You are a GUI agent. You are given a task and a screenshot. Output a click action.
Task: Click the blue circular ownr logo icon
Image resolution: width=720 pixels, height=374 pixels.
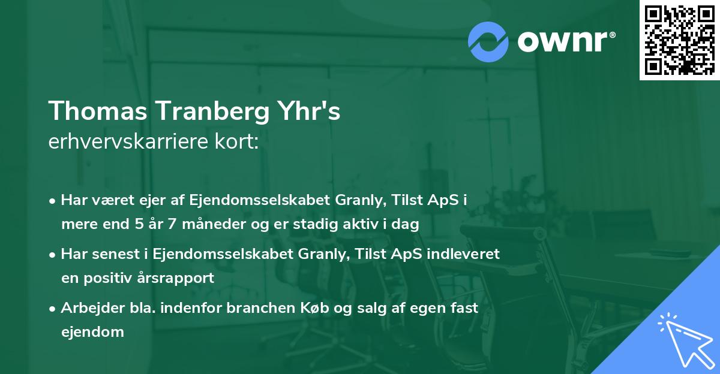click(x=488, y=42)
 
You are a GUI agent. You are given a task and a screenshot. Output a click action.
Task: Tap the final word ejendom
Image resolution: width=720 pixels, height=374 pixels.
click(x=92, y=331)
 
